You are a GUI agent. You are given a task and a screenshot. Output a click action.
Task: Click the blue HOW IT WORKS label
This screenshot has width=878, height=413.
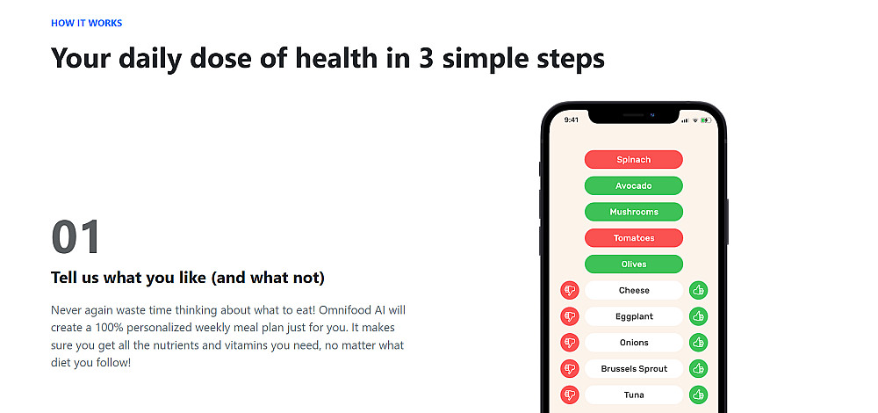click(86, 23)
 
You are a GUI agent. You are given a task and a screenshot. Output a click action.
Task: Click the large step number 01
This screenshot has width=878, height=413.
click(76, 237)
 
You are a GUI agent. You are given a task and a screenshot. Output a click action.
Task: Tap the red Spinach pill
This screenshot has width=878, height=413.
click(633, 160)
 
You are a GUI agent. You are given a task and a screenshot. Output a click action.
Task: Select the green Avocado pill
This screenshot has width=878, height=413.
click(633, 185)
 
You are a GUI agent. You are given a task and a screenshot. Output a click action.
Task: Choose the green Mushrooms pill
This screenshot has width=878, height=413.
click(633, 212)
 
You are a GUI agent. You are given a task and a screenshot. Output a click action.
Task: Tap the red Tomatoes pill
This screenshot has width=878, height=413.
click(633, 237)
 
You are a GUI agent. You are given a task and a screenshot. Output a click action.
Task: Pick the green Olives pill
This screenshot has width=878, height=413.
click(633, 264)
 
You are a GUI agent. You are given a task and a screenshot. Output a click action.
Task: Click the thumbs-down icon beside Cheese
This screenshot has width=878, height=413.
click(570, 290)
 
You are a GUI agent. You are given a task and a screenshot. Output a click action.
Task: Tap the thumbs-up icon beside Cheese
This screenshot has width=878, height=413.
click(698, 290)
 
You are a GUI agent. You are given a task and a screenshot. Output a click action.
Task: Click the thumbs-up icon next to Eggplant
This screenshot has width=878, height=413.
click(698, 316)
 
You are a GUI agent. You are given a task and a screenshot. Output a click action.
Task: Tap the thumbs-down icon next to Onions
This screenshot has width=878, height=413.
click(570, 343)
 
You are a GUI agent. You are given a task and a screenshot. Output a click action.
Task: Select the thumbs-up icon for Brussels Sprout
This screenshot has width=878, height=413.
click(698, 369)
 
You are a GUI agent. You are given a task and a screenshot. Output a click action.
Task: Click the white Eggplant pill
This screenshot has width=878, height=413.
click(634, 316)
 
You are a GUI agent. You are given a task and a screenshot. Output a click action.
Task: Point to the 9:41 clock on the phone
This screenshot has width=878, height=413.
click(572, 120)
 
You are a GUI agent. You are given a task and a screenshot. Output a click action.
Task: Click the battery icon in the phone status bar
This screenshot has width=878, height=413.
click(706, 120)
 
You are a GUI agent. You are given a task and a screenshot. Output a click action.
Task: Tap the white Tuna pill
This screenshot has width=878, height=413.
click(634, 395)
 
